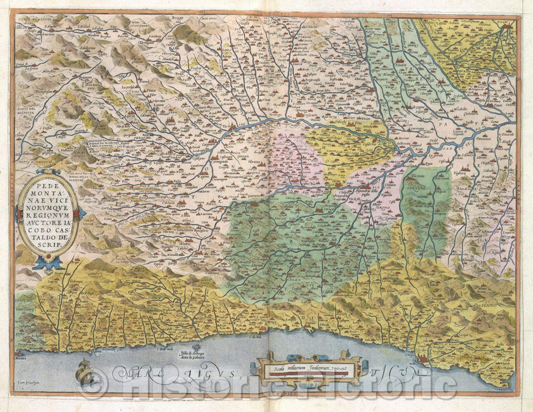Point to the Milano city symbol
(x=508, y=31)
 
